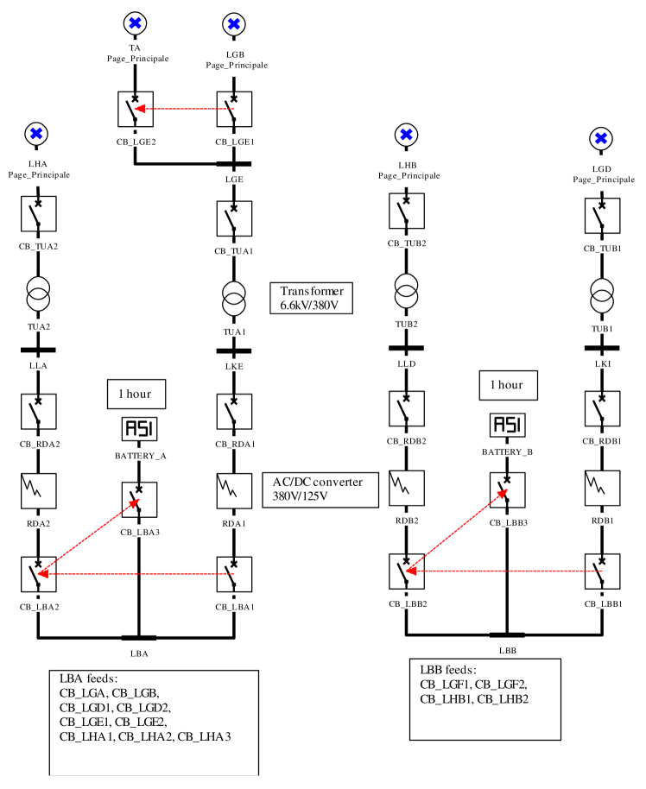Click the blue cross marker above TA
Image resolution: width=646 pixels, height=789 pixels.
[135, 23]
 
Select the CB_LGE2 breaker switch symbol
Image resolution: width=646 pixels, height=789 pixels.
[136, 110]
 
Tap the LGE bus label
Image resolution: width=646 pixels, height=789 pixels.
[234, 179]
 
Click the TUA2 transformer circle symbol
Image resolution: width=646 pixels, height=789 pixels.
[38, 288]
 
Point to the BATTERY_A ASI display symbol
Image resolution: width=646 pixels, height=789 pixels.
[139, 428]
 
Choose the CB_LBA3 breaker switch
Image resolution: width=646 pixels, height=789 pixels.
[139, 500]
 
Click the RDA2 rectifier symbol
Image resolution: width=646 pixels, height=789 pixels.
[38, 490]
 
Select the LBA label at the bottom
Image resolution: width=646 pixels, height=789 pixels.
[139, 653]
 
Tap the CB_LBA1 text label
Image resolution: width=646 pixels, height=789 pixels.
[234, 605]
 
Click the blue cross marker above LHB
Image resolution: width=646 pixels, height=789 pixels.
[407, 135]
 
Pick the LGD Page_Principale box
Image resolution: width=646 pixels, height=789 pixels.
[602, 174]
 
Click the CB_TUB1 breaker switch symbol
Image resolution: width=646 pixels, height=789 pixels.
[602, 216]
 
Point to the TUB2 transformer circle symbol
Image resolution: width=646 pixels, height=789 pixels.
[407, 285]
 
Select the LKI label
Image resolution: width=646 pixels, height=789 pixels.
[602, 363]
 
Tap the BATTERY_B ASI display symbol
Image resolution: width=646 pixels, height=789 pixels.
[507, 425]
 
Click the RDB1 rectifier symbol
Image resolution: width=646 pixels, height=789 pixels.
[602, 489]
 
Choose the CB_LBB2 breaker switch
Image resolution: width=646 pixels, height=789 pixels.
[407, 571]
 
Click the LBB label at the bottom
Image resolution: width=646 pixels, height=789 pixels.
[508, 649]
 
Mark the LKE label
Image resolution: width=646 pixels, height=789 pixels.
[234, 365]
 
